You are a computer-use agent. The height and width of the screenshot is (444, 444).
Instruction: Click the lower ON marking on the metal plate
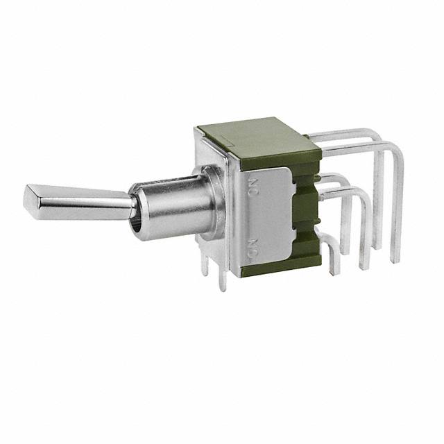click(x=254, y=247)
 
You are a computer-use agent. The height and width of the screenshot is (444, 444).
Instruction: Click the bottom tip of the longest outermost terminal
click(x=395, y=261)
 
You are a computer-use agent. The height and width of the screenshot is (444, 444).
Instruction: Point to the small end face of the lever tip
click(x=30, y=198)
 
